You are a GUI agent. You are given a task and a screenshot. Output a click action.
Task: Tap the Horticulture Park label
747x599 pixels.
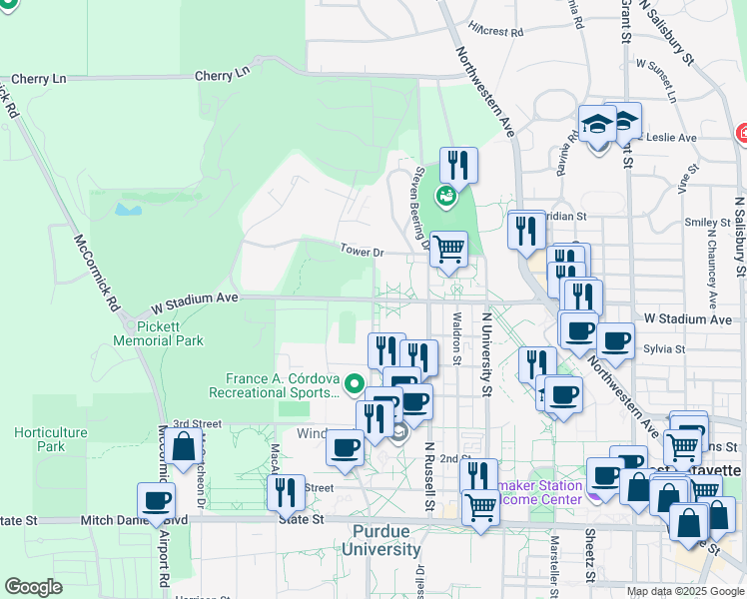(51, 439)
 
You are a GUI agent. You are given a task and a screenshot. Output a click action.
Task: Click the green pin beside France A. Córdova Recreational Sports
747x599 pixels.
(353, 382)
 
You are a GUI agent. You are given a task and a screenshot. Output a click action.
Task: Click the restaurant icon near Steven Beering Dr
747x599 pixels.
(458, 164)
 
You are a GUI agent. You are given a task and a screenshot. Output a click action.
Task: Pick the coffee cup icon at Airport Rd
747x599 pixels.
(157, 500)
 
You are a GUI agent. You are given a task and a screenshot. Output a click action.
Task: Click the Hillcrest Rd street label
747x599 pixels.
(496, 31)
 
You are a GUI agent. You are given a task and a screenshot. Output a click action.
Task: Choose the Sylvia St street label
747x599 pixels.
(664, 349)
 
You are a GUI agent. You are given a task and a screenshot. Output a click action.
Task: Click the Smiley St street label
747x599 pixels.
(704, 223)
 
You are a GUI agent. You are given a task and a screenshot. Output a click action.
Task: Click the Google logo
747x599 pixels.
(34, 587)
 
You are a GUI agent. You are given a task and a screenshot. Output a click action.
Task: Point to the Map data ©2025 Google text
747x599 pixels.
(684, 591)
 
